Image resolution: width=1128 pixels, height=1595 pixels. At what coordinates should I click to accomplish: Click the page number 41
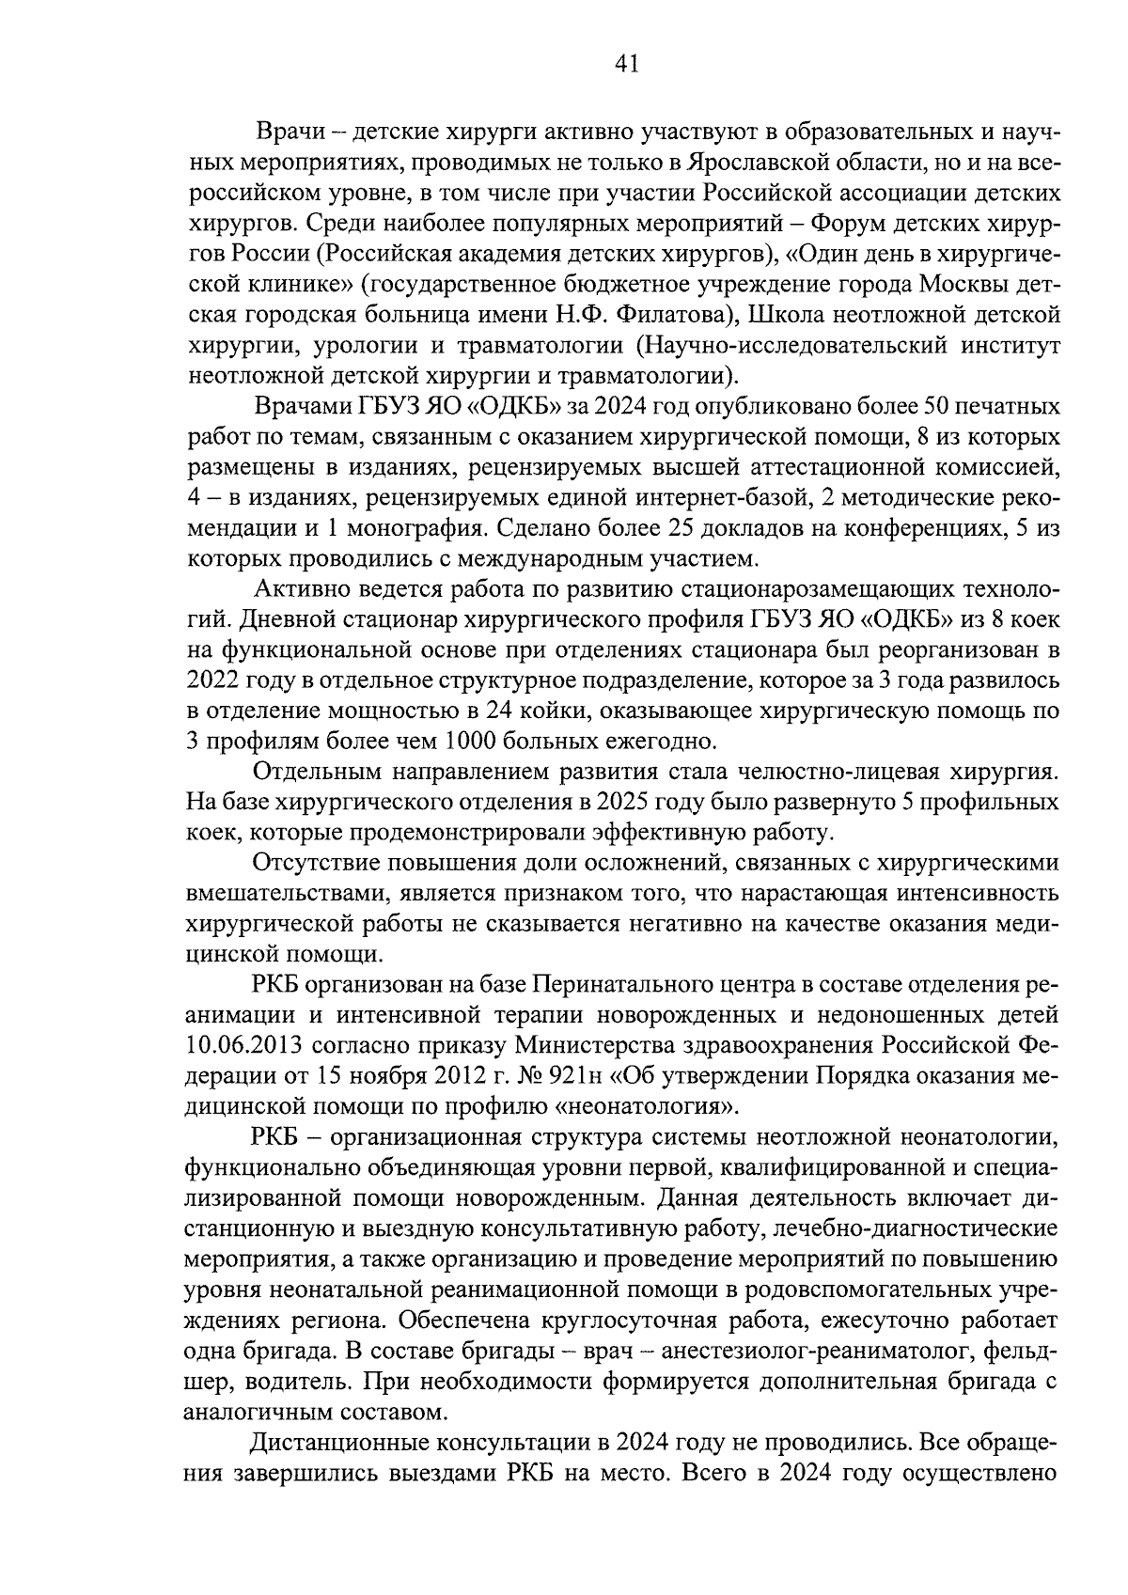(626, 64)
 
